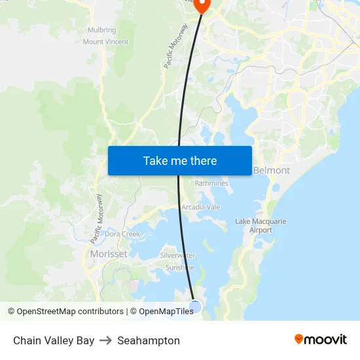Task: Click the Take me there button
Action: [x=180, y=160]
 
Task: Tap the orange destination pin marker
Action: [x=202, y=5]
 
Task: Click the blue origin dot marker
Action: [x=195, y=306]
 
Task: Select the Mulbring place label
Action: [x=101, y=30]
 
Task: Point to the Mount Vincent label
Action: [x=105, y=42]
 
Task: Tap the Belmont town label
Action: [x=271, y=170]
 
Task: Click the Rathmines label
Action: [x=211, y=184]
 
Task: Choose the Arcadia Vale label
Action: [x=201, y=207]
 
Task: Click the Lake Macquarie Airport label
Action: [x=261, y=226]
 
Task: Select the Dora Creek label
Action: [x=122, y=234]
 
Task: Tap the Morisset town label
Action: [x=109, y=254]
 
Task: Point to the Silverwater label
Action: [x=178, y=255]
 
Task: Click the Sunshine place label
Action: [x=179, y=267]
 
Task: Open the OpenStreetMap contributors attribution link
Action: [x=70, y=312]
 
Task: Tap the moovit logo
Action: [x=320, y=340]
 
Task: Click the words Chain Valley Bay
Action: [x=54, y=340]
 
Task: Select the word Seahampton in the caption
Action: [x=149, y=340]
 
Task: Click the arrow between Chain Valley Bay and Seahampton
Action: [x=106, y=340]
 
